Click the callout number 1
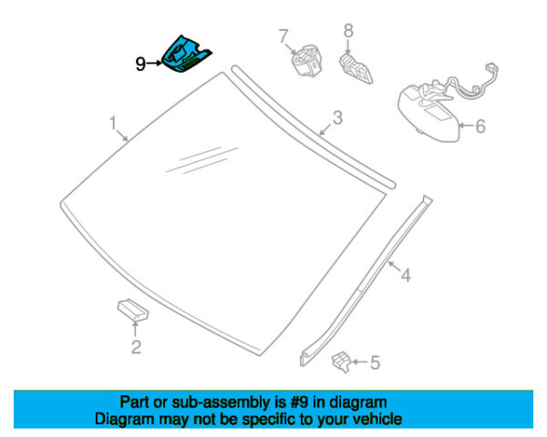click(x=113, y=122)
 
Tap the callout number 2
click(x=136, y=347)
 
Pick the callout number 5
click(x=376, y=363)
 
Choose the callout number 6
click(x=480, y=127)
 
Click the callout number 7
click(x=284, y=36)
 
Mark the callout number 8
click(x=347, y=31)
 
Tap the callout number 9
click(x=139, y=64)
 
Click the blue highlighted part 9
click(x=186, y=53)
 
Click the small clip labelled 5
click(x=340, y=361)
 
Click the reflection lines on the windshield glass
click(x=201, y=157)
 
